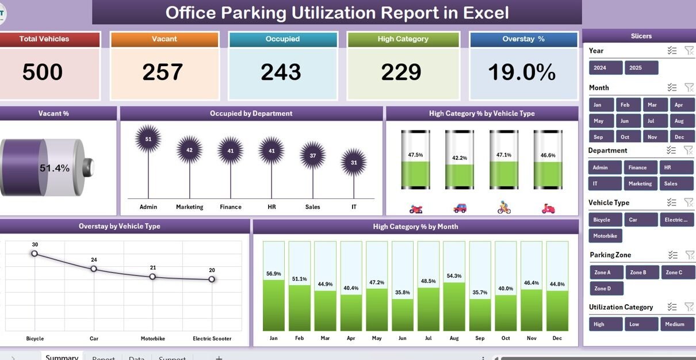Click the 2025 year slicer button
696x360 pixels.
pos(641,68)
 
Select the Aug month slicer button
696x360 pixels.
pos(679,121)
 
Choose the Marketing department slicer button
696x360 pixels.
pos(640,183)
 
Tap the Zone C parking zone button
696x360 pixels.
pos(676,272)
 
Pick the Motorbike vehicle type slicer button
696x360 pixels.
pos(605,236)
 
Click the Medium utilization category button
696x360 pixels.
pos(676,324)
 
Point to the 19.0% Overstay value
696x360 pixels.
pos(522,72)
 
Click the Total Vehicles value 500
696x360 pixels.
pos(43,72)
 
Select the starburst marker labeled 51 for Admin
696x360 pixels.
pos(148,139)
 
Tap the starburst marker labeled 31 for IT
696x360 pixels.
pos(354,162)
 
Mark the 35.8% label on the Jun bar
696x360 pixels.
pos(403,292)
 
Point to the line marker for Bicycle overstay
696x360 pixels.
pos(35,253)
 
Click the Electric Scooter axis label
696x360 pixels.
pos(212,339)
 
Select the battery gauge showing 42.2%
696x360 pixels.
pos(460,159)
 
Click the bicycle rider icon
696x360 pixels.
pos(504,208)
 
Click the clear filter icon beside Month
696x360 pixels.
pos(689,87)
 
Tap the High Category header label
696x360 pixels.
pos(403,39)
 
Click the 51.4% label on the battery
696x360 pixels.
pos(55,168)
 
